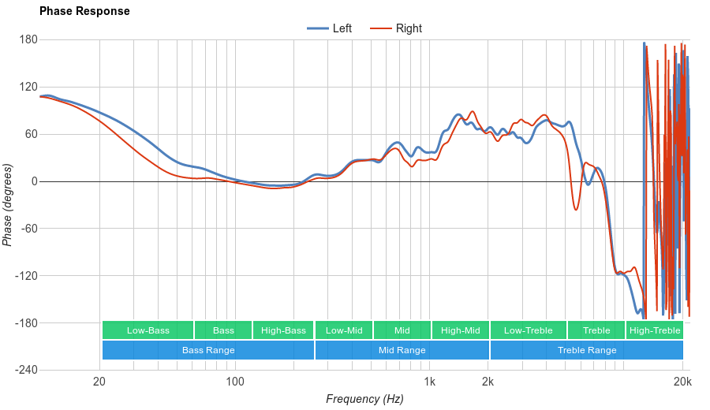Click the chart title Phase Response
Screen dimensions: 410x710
(x=84, y=12)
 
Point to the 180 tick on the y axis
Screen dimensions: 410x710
(x=28, y=39)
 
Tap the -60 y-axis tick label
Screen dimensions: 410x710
(x=28, y=229)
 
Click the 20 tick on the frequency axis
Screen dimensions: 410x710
(x=99, y=382)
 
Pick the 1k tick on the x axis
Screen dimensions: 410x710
(x=429, y=382)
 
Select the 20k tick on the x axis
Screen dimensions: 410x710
(x=682, y=382)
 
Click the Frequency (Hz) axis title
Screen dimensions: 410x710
(x=364, y=399)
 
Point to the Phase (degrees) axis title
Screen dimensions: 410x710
(x=8, y=205)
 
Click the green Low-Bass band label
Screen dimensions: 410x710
(x=148, y=330)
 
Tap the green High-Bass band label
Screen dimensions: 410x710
(x=283, y=330)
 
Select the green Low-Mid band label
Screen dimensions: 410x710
(x=344, y=330)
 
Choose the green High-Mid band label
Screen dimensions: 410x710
(x=461, y=330)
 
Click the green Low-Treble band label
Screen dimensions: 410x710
(x=528, y=330)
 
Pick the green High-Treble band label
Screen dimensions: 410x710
(x=655, y=330)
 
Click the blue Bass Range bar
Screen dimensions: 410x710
(x=208, y=350)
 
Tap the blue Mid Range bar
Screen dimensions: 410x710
(x=402, y=350)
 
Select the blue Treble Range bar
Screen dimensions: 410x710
(x=587, y=350)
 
